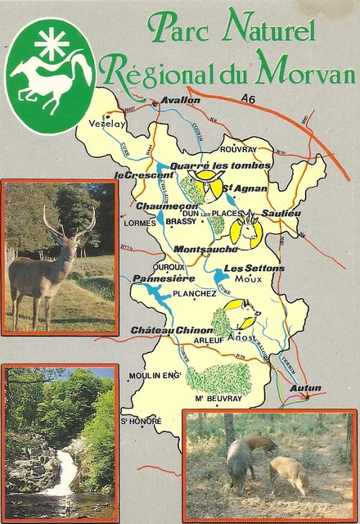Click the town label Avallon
coord(182,100)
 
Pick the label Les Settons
coord(254,268)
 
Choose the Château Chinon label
coord(171,329)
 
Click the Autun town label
coord(305,387)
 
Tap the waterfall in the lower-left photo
coord(62,480)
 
